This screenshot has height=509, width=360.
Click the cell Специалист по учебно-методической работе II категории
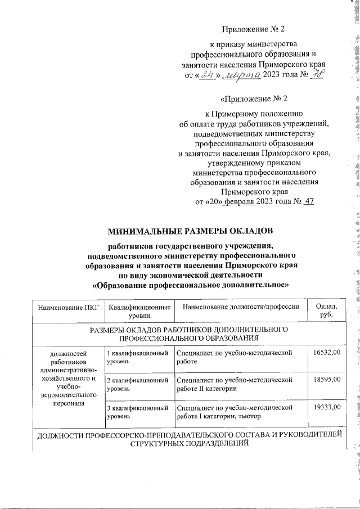pos(235,385)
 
